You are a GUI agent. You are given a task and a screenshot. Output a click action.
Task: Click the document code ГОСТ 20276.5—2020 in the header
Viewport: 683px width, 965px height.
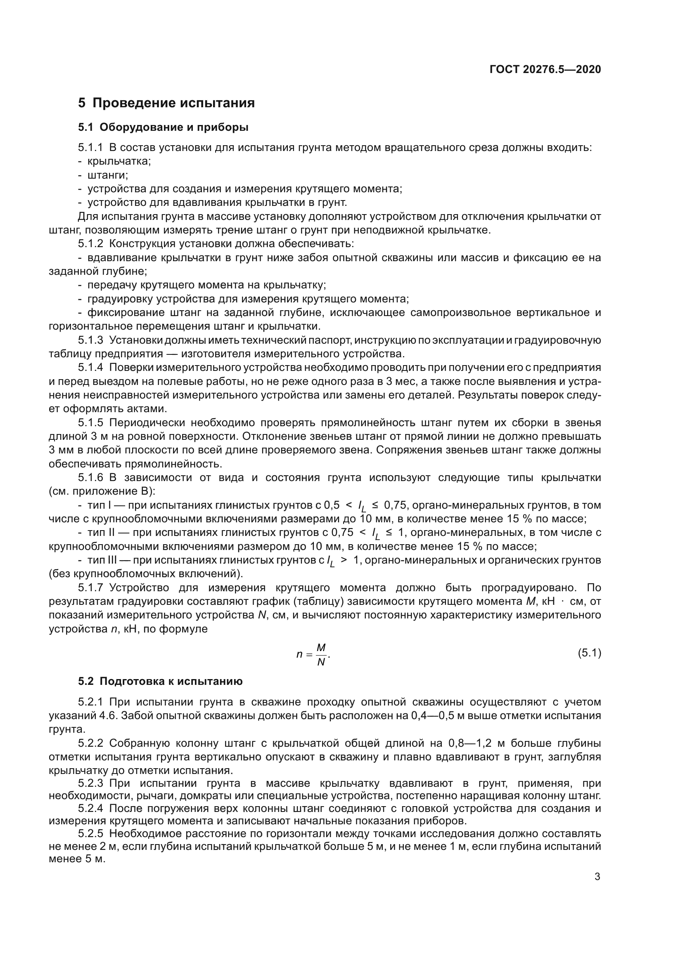545,69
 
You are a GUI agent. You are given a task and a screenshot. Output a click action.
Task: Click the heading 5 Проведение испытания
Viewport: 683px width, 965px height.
166,103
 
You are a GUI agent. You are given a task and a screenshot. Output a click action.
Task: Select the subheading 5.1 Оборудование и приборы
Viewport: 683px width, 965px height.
163,127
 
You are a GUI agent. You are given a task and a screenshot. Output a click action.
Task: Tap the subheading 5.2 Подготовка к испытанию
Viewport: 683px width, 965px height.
160,681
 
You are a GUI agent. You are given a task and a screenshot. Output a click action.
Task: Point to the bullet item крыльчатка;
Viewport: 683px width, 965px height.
119,161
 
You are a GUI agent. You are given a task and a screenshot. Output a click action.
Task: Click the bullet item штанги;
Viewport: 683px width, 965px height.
108,175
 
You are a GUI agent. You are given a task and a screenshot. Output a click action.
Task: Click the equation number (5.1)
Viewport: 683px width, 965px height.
589,653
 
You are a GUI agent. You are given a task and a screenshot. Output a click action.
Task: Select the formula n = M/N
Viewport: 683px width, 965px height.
313,654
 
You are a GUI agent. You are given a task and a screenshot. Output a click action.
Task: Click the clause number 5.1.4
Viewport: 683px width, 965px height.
90,368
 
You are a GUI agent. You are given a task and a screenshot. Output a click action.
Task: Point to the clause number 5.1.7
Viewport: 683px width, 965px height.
90,588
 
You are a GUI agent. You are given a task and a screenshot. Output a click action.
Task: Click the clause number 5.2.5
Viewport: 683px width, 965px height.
90,833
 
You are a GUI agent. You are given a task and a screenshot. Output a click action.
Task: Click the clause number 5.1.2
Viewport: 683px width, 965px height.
90,244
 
